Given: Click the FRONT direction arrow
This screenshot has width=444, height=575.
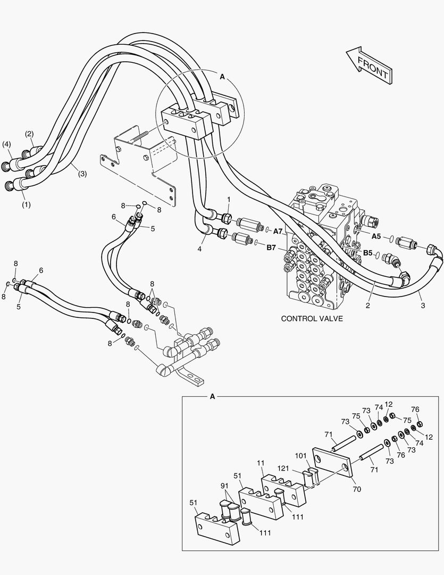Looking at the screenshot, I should [x=370, y=64].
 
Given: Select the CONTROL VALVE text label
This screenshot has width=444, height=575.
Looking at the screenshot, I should [x=312, y=319].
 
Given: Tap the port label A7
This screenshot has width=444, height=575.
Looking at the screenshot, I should [x=278, y=231].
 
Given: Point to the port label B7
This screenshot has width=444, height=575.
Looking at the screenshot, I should [x=271, y=248].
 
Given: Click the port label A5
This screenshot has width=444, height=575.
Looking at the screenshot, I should [x=376, y=236].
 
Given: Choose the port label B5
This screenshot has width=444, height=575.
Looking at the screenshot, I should [x=367, y=253].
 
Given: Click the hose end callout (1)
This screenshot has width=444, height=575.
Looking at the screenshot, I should [x=26, y=204].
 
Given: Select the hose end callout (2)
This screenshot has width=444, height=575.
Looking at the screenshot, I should [x=30, y=134].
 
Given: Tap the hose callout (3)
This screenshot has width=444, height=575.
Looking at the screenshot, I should [x=82, y=173].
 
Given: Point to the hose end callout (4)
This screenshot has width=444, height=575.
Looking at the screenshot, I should [x=6, y=144].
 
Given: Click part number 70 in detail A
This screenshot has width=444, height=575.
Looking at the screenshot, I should [x=356, y=489].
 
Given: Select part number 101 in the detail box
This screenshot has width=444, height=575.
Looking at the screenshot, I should [x=301, y=456].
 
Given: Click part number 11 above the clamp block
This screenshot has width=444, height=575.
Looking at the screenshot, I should [x=261, y=464].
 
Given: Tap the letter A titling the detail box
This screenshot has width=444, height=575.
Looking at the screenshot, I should [x=213, y=397].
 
